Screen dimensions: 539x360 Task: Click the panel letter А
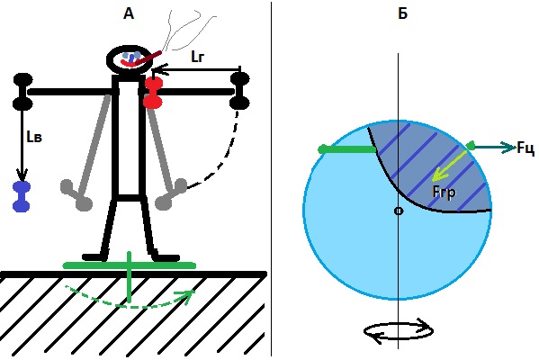(128, 13)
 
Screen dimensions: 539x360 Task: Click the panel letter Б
(402, 13)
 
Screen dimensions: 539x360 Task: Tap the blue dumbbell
(22, 197)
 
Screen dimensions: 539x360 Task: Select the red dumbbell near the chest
(153, 93)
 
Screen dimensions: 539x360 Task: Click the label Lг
(198, 56)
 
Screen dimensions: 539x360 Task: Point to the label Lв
(34, 137)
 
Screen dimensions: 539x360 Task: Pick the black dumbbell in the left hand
(22, 92)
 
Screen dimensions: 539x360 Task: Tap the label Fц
(526, 148)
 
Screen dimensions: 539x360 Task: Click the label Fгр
(444, 193)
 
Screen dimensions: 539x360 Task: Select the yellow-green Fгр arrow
(449, 166)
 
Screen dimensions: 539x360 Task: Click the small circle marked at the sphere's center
(399, 211)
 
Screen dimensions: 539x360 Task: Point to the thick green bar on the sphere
(347, 149)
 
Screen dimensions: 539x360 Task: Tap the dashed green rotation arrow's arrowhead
(187, 294)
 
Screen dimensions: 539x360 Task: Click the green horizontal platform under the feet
(130, 265)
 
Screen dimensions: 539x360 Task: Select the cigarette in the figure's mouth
(145, 58)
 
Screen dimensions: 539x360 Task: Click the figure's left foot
(95, 257)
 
